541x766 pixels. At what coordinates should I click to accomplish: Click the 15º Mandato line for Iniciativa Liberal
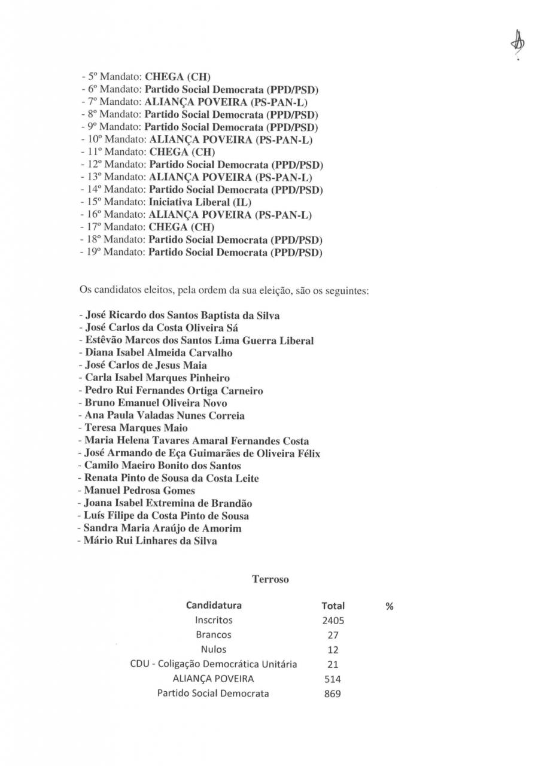click(x=165, y=202)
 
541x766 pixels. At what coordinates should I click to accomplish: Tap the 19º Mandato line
click(x=201, y=253)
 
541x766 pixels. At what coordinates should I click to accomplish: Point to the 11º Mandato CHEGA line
click(x=147, y=152)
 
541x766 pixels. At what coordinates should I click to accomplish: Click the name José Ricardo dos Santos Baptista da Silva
click(x=179, y=315)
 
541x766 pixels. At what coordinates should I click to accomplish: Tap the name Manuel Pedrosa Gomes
click(x=137, y=491)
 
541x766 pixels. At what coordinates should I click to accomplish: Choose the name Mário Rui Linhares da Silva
click(x=147, y=541)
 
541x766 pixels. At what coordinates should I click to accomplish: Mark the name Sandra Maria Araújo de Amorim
click(x=159, y=528)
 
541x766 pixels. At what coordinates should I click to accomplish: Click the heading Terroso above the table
click(x=270, y=579)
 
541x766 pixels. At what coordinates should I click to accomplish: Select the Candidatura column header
click(x=214, y=605)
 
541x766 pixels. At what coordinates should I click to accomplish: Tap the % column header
click(x=390, y=606)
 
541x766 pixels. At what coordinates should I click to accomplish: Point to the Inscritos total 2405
click(x=333, y=621)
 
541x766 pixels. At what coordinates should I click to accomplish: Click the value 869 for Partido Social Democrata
click(x=332, y=694)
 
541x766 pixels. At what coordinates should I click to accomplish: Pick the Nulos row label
click(x=214, y=649)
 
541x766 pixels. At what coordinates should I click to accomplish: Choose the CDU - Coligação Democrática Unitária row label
click(x=214, y=664)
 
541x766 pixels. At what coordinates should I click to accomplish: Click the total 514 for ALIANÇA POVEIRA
click(x=332, y=679)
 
